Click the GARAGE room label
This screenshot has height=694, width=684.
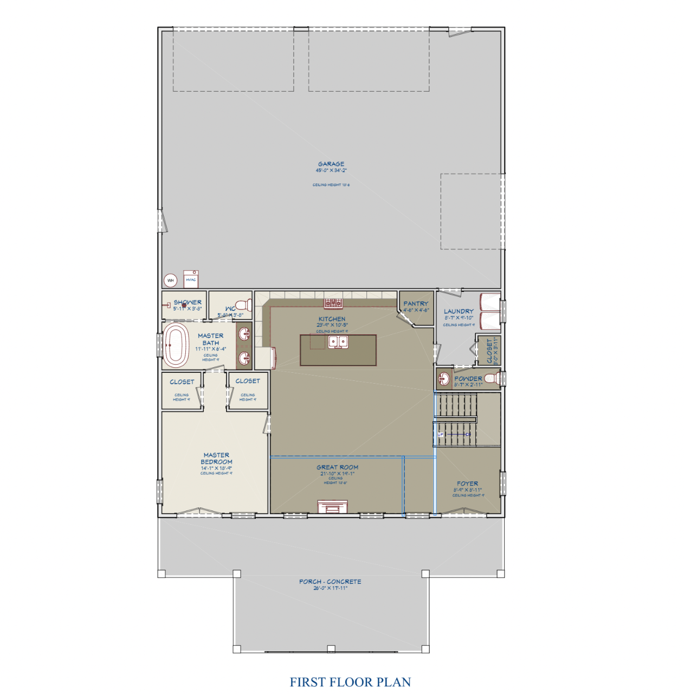pos(331,164)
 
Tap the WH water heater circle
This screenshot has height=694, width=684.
pos(171,281)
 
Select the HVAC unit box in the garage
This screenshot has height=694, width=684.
pos(191,279)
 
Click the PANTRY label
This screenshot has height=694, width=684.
pos(416,304)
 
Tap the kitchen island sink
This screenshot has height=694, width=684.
pos(338,342)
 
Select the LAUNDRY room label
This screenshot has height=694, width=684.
pos(459,311)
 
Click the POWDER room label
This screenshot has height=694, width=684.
pos(468,379)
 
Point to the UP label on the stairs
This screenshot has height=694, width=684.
pos(441,435)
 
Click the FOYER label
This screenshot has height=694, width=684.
pos(467,483)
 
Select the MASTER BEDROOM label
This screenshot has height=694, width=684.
pos(216,459)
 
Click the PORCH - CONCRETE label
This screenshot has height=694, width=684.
pos(330,582)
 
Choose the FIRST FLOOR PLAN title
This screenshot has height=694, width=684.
pos(350,682)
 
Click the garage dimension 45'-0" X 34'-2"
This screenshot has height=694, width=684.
pos(331,170)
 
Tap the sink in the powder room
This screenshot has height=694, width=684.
pos(444,378)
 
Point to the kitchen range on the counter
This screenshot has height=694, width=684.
pos(333,303)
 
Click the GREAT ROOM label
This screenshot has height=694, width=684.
pos(337,467)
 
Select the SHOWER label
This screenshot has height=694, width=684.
pos(188,302)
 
